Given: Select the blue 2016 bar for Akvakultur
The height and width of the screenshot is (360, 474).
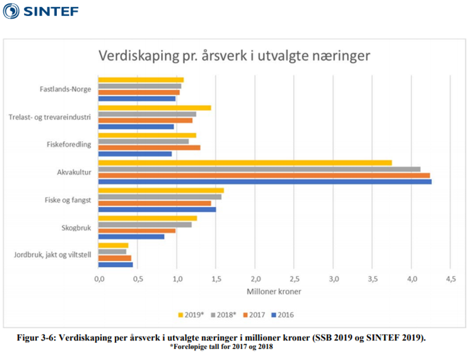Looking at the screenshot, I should tap(264, 181).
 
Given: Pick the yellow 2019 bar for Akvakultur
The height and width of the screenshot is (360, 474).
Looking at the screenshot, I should tap(245, 163).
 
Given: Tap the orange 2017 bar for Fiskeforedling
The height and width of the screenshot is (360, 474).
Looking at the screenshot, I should tap(149, 147).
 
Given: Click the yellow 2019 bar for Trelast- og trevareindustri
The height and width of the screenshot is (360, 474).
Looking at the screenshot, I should tap(154, 107).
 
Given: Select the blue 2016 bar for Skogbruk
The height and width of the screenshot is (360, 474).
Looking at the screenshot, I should tap(131, 236).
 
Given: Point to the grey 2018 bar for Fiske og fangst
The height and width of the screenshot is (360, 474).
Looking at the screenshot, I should tap(159, 196).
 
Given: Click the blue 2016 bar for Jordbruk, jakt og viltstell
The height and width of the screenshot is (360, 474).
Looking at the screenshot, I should tap(115, 264).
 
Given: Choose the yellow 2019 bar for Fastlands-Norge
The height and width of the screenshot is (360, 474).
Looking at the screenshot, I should tap(140, 79).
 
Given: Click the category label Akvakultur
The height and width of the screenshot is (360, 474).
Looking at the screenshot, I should tap(74, 173).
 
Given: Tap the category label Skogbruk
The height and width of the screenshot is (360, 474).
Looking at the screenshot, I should tap(76, 227).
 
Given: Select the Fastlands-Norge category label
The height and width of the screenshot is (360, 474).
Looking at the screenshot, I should tap(66, 90).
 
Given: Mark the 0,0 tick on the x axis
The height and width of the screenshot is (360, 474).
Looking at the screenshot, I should tap(99, 279).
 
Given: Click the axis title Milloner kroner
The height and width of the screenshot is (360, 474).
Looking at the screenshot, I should tap(273, 292).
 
